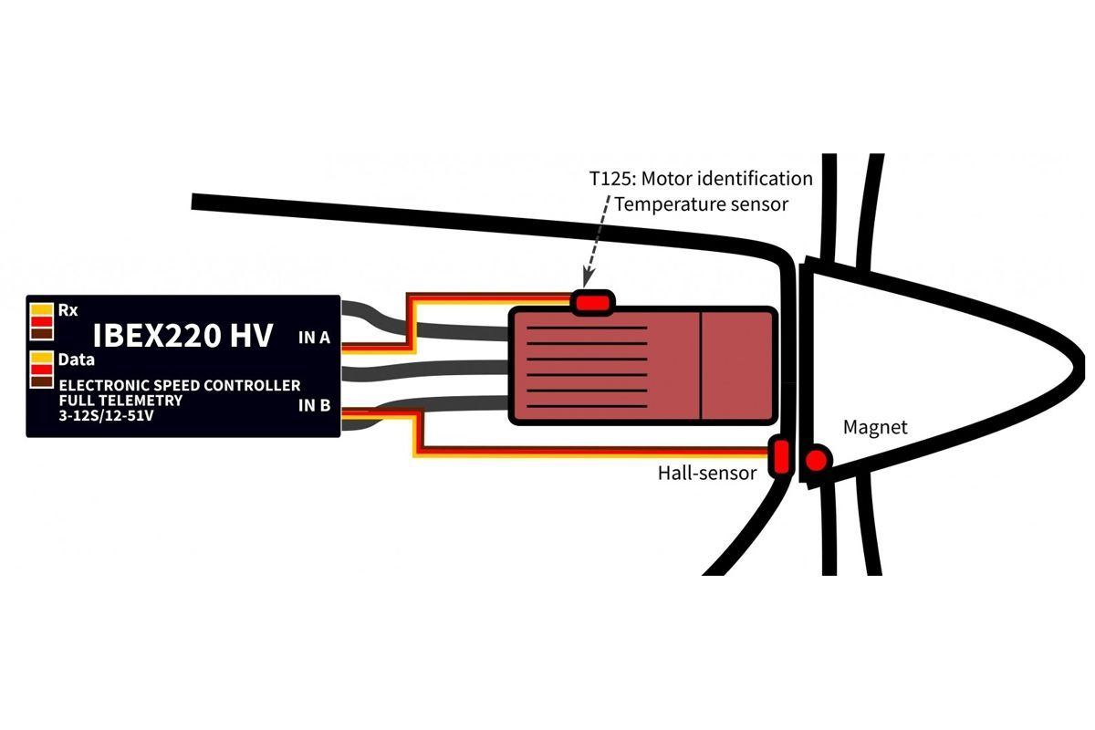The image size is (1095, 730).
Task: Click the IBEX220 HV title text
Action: pyautogui.click(x=182, y=336)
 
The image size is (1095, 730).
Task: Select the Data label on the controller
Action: pyautogui.click(x=77, y=360)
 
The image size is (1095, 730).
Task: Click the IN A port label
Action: pyautogui.click(x=314, y=339)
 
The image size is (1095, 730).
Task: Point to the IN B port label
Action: pyautogui.click(x=314, y=404)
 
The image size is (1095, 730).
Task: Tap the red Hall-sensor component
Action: pyautogui.click(x=780, y=457)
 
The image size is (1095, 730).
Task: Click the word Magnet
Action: pyautogui.click(x=875, y=426)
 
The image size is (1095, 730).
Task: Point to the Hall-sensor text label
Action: pyautogui.click(x=707, y=473)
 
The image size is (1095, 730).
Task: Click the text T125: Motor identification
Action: pyautogui.click(x=701, y=178)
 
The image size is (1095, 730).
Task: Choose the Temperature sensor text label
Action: pyautogui.click(x=701, y=204)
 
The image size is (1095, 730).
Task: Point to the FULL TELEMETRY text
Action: pyautogui.click(x=120, y=401)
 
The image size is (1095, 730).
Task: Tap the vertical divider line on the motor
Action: pyautogui.click(x=701, y=365)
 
